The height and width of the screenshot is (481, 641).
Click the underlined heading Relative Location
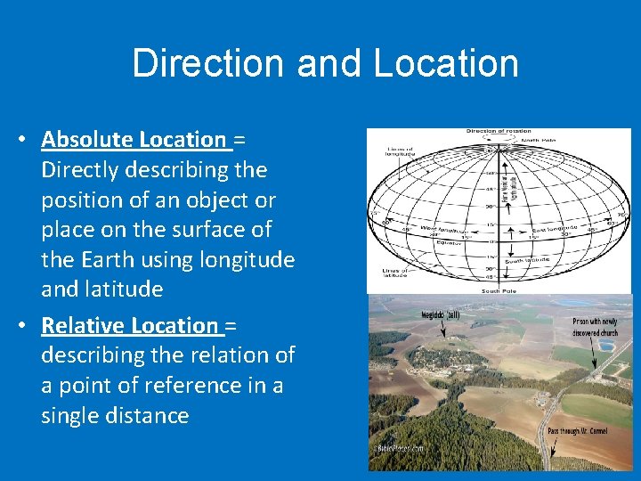[129, 325]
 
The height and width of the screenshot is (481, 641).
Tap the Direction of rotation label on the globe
[498, 132]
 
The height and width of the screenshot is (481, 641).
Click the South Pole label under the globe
[499, 290]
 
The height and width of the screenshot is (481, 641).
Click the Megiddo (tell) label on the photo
[441, 314]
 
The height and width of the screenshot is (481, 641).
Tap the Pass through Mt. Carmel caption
[578, 430]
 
